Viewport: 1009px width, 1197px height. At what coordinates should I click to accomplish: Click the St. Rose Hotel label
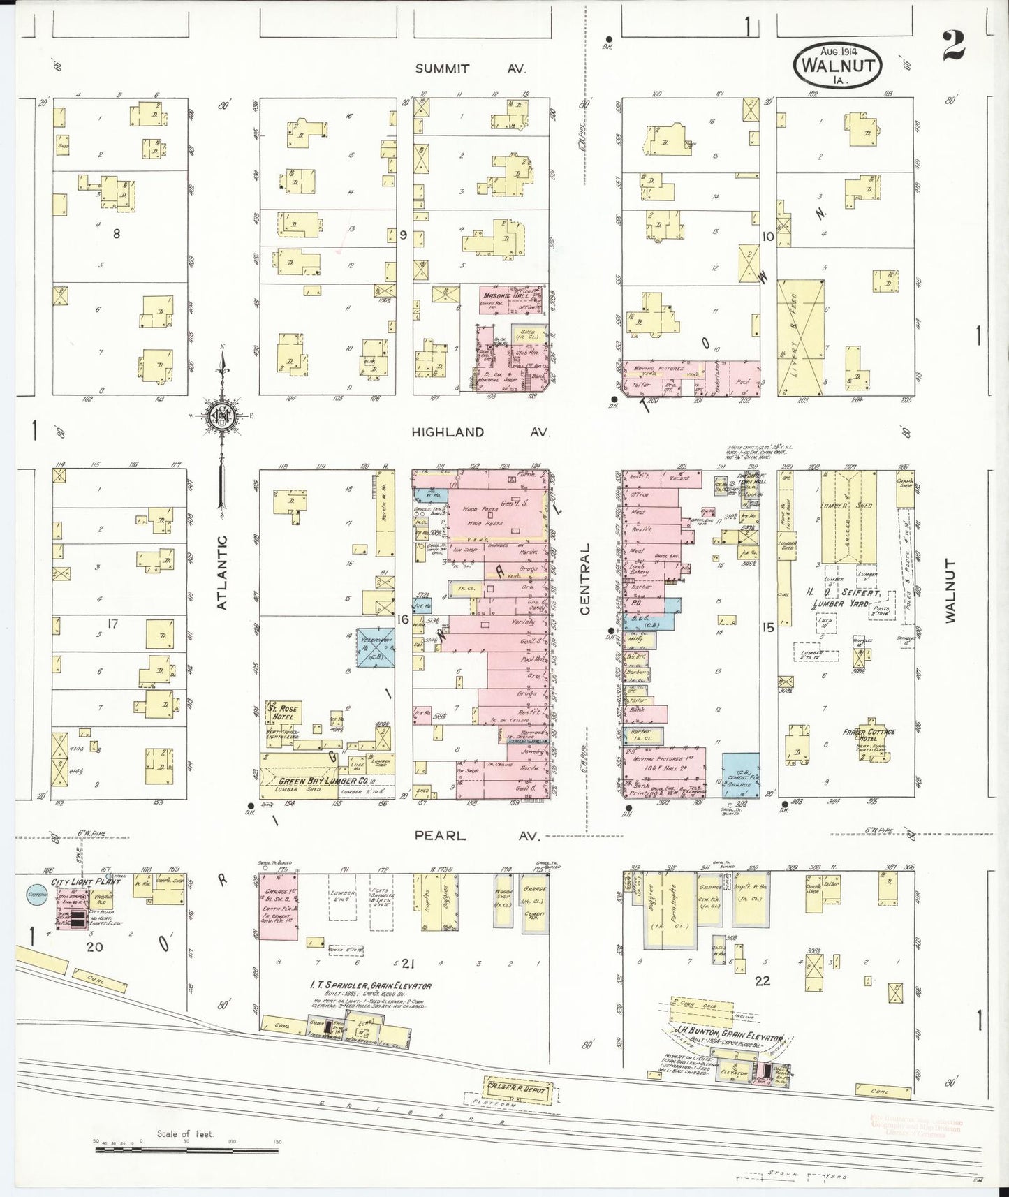283,713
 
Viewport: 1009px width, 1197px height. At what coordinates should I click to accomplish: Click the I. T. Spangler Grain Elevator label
371,985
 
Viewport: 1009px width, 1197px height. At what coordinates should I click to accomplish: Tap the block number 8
117,234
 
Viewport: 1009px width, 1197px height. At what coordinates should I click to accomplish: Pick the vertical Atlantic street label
223,573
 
